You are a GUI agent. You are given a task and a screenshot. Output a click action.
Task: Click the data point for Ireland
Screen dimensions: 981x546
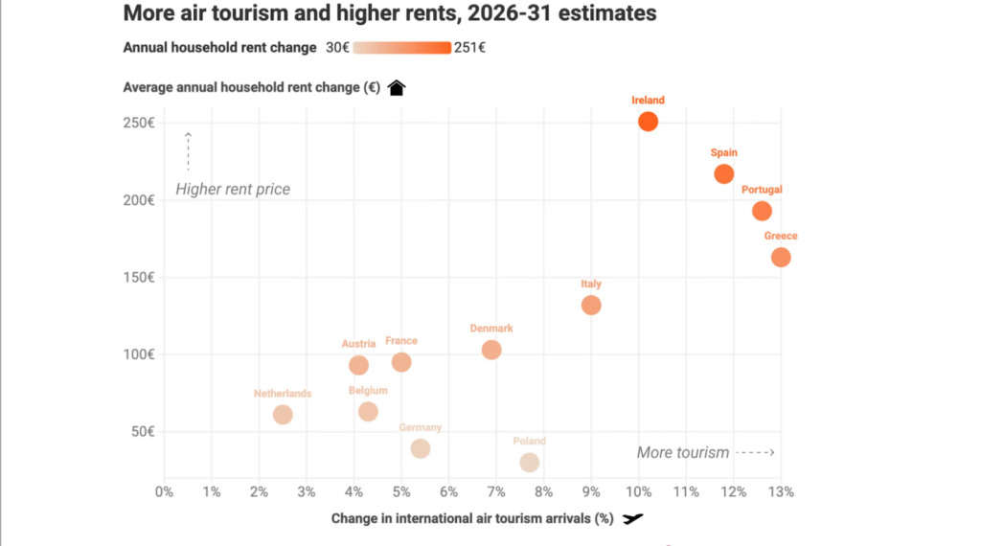point(648,122)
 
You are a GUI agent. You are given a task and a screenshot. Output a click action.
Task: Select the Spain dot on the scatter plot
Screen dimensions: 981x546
point(724,174)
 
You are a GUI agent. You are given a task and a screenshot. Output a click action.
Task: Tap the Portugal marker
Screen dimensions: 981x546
point(762,211)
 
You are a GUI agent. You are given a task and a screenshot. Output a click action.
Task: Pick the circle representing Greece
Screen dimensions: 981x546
point(781,257)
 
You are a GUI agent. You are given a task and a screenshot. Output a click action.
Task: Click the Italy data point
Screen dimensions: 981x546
point(591,306)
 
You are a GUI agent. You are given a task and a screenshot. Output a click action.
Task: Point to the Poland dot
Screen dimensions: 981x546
point(529,463)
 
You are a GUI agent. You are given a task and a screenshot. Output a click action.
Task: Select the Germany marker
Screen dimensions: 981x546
point(421,448)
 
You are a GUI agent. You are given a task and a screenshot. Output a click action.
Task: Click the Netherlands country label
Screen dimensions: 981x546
point(283,394)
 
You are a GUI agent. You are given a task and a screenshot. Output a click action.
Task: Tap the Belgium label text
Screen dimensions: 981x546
point(368,390)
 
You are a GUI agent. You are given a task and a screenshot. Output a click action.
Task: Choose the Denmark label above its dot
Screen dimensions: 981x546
point(491,329)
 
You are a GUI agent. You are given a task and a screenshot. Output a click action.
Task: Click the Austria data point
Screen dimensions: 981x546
point(358,365)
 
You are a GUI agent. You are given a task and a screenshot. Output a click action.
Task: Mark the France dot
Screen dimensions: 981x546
point(401,362)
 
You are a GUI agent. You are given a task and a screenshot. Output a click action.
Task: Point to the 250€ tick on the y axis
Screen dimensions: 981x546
point(139,123)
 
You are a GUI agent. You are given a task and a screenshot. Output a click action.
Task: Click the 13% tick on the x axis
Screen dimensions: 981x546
point(781,492)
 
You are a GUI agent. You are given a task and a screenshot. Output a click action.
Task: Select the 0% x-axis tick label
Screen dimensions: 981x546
point(164,492)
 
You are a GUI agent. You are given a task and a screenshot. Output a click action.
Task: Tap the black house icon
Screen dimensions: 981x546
point(397,87)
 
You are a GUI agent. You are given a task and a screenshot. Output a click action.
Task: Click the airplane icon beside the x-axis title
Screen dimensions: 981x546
point(632,518)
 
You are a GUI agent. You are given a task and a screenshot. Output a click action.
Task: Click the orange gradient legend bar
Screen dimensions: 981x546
point(401,48)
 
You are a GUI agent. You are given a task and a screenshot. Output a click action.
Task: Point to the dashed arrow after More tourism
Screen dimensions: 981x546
point(756,452)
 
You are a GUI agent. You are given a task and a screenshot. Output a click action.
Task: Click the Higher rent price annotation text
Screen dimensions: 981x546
point(233,189)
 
